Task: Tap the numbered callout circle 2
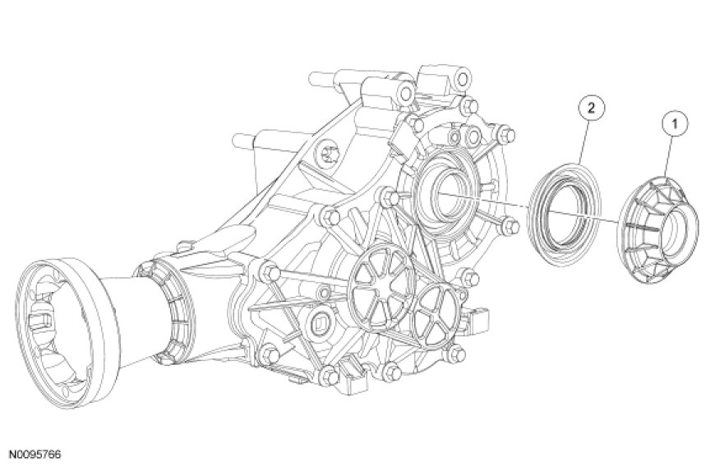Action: click(591, 108)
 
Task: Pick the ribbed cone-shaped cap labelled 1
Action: click(657, 229)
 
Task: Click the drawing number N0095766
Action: click(36, 454)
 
